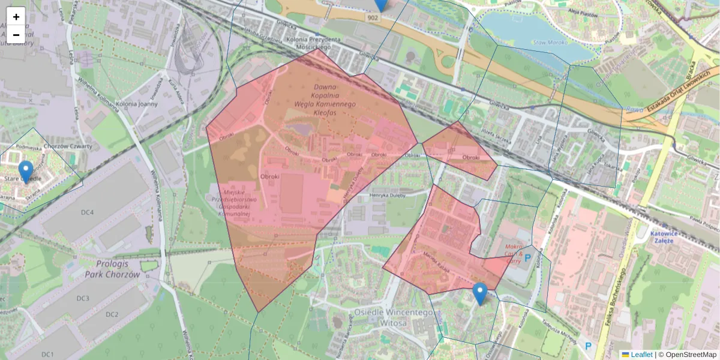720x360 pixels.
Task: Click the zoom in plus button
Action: tap(16, 17)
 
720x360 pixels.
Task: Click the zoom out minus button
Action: tap(16, 35)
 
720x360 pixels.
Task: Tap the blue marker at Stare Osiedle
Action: tap(26, 172)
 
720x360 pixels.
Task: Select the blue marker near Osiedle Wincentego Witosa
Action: tap(479, 293)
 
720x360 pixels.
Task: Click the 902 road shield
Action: tap(374, 19)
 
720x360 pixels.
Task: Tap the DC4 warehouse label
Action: tap(88, 212)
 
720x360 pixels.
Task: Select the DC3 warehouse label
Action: tap(83, 299)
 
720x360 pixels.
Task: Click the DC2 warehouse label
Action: tap(112, 314)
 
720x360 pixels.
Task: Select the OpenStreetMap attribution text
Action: tap(691, 355)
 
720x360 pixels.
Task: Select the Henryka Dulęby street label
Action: tap(387, 193)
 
